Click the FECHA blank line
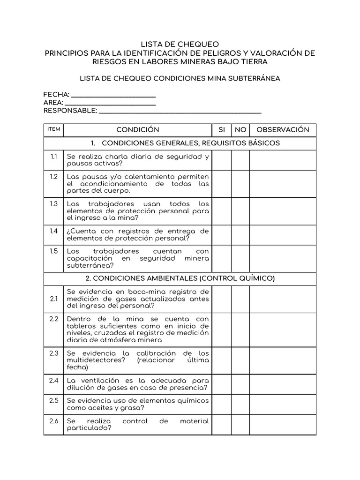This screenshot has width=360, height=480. coord(113,96)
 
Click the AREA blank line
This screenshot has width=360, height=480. coord(110,104)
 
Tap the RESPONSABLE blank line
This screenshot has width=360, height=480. coord(180,112)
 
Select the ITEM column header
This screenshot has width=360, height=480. coord(54,129)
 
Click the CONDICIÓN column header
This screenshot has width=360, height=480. coord(138,130)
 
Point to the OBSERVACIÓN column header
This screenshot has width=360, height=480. coord(283,130)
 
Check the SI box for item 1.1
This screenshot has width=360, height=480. coord(222,160)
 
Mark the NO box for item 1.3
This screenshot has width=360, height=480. coord(240,211)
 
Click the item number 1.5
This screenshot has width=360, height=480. coord(54,251)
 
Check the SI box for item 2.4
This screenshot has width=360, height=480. coord(222,384)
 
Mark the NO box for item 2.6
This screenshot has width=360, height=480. coord(240,425)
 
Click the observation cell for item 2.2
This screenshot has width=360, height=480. coord(283,330)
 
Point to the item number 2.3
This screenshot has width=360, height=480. coord(54,353)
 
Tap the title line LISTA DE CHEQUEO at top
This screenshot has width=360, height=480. coord(180,45)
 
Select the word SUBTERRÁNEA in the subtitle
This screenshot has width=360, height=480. coord(257,78)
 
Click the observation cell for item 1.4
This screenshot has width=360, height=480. coord(283,234)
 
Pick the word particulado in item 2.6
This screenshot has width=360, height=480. coord(89,428)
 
